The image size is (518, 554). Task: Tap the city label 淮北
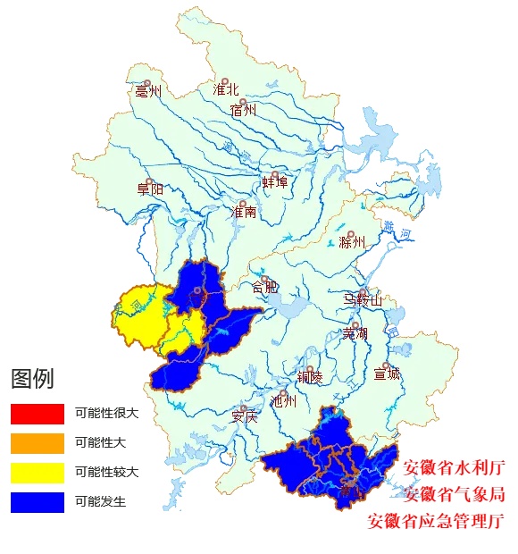pos(226,89)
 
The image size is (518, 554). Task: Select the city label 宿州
pos(243,111)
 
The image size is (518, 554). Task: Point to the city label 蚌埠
pos(275,182)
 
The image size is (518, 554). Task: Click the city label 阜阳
pos(150,189)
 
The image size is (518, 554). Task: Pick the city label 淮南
pos(244,213)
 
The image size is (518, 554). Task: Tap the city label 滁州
pos(353,242)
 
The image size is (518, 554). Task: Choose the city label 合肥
pos(265,287)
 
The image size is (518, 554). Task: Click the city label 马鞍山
pos(363,300)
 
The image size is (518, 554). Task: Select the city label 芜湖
pos(355,333)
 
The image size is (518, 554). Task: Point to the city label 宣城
pos(387,374)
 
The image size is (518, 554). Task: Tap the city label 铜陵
pos(310,377)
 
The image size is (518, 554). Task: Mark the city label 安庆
pos(244,416)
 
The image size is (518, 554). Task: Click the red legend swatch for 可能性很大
pos(38,414)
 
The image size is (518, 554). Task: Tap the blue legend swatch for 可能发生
pos(38,502)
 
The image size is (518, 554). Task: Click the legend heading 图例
pos(32,379)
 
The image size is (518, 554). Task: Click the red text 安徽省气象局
pos(454,494)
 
